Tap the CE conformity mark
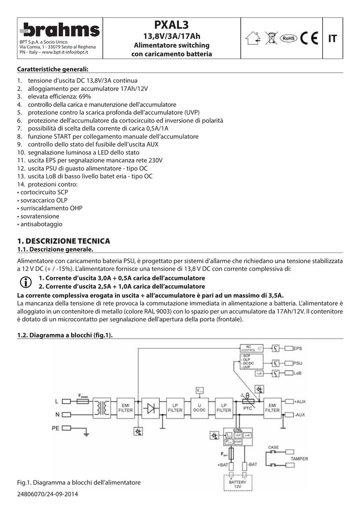(x=308, y=38)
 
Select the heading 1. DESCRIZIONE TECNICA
(x=63, y=241)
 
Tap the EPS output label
(x=297, y=348)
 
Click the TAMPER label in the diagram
(x=299, y=459)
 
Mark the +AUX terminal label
(x=300, y=401)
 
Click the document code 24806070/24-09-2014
(x=48, y=495)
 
